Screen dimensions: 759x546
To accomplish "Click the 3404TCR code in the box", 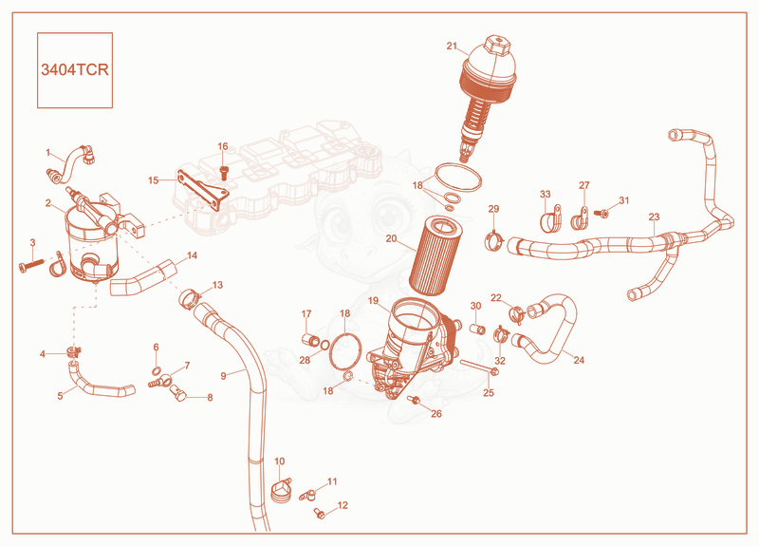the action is coord(75,69).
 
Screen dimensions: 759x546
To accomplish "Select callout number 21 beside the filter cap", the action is coord(452,46).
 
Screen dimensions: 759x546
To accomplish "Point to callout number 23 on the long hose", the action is coord(654,217).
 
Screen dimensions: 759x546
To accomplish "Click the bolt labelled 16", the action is coord(224,172).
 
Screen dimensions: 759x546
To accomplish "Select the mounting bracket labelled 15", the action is coord(202,190).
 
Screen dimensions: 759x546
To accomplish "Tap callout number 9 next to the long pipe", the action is coord(223,375).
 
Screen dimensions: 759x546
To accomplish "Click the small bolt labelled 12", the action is coord(319,515).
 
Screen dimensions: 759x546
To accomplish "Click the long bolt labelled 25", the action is coord(480,367).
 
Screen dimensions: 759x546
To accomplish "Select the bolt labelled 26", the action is coord(415,400).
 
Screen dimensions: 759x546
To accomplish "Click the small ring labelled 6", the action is coord(157,371).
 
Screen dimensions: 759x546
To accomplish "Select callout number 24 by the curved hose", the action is coord(579,360).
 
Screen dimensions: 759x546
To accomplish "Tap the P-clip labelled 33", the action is coord(550,220).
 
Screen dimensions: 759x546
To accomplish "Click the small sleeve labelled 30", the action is coord(478,329).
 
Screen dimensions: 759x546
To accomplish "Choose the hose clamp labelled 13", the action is coord(191,296).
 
